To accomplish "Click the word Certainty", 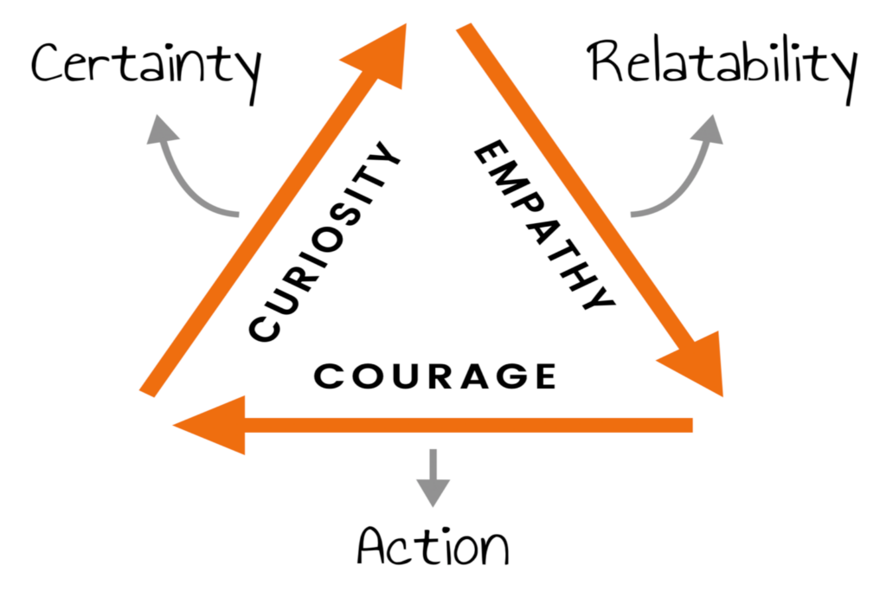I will tap(145, 66).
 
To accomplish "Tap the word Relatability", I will tap(722, 64).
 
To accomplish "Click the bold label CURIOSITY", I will tap(325, 246).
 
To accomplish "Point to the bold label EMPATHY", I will tap(543, 227).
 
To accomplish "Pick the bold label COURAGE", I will tap(434, 376).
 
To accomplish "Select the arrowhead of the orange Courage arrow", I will tap(212, 424).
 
